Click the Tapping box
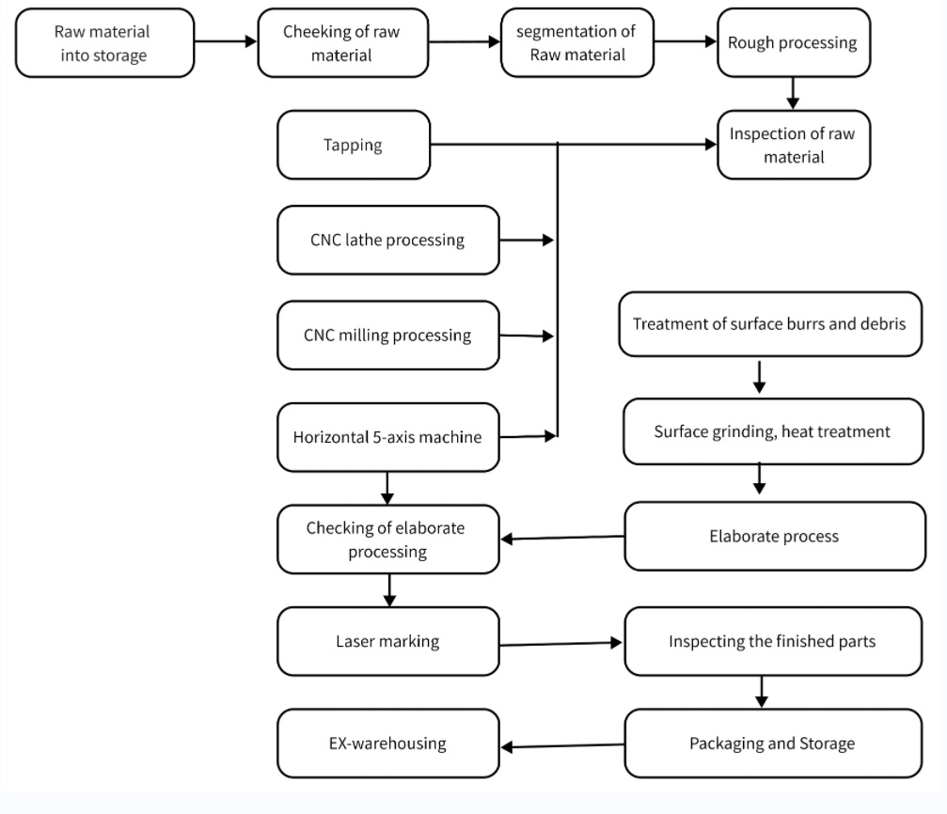coord(354,145)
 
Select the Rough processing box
coord(794,42)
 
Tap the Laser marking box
coord(388,641)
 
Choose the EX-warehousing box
coord(388,744)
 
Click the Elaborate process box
coord(775,536)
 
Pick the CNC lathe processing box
coord(388,241)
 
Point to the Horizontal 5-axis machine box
coord(388,437)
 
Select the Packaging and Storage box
coord(773,744)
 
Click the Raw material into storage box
coord(104,43)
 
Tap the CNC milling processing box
coord(388,336)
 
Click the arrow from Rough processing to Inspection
coord(793,94)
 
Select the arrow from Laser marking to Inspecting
coord(561,644)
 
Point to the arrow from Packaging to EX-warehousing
coord(563,746)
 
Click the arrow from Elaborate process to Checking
coord(563,538)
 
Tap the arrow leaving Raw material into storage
coord(226,41)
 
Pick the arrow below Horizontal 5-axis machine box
coord(387,488)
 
